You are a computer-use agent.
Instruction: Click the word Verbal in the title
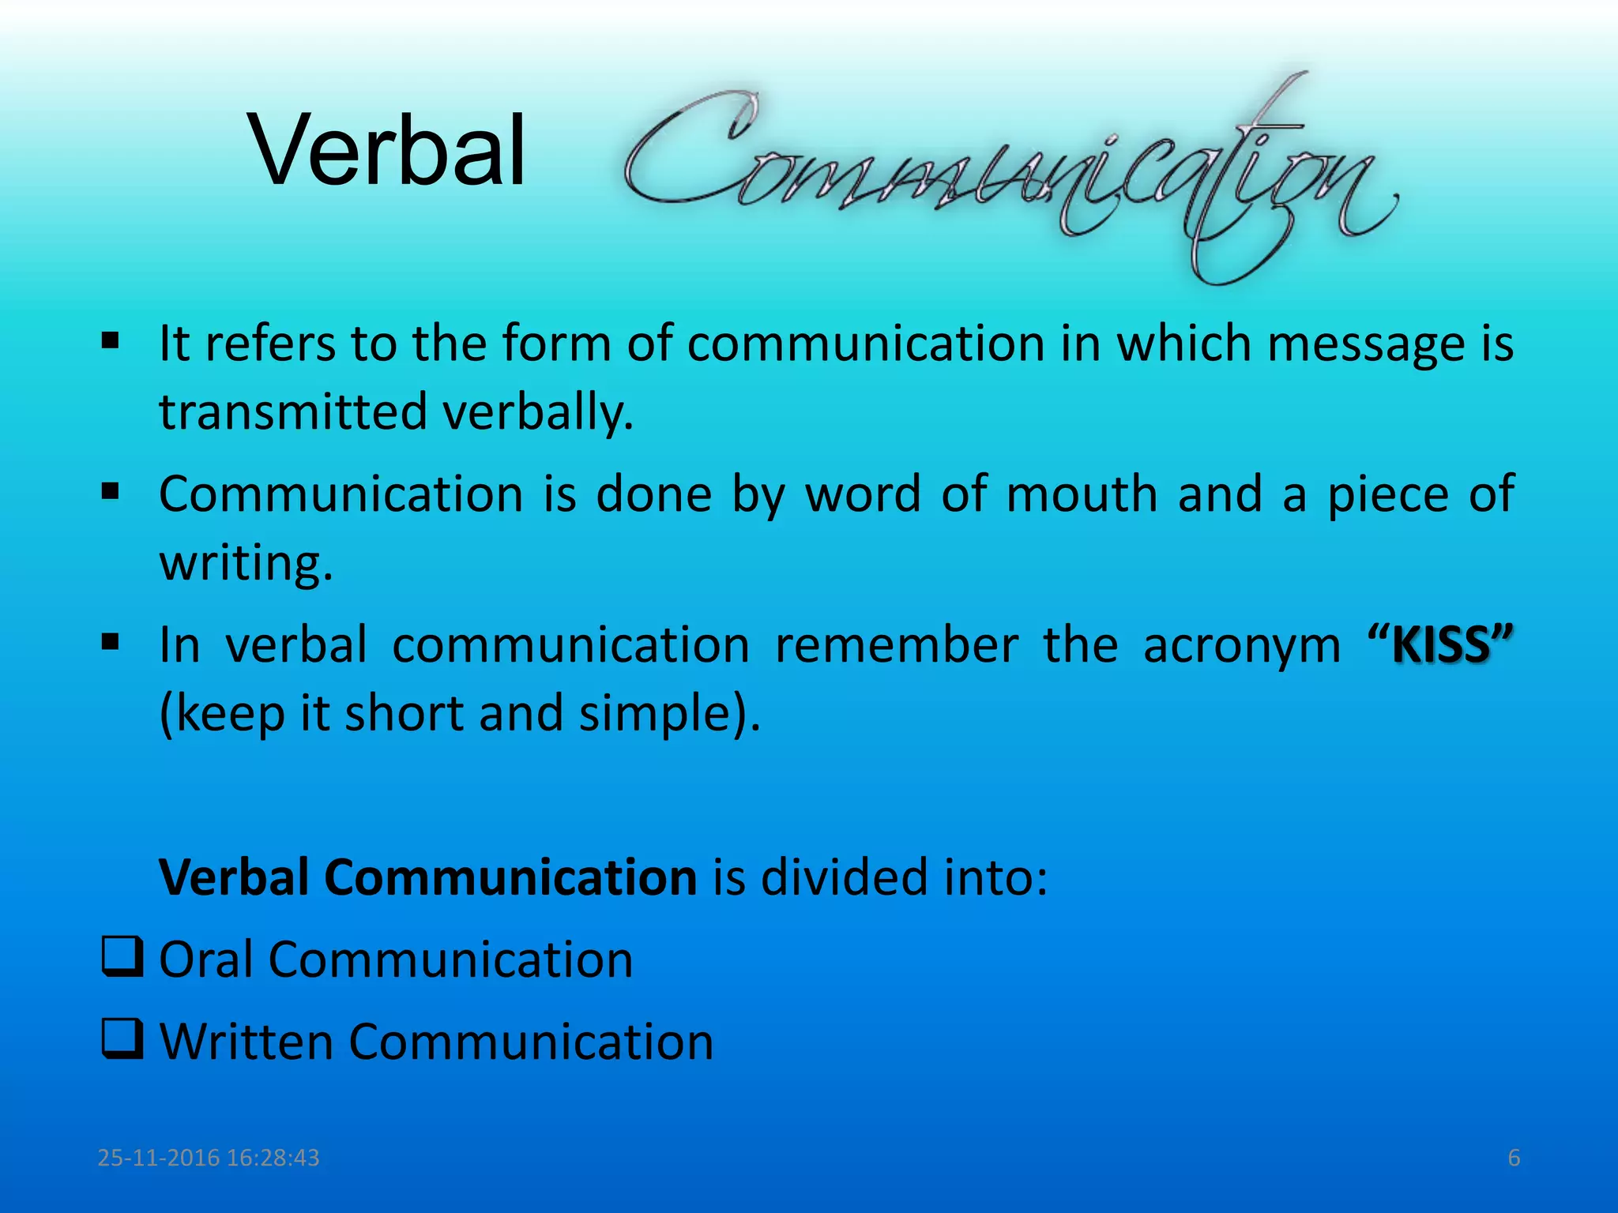[387, 150]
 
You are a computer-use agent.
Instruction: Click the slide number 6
[1514, 1158]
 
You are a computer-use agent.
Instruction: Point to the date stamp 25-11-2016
[158, 1158]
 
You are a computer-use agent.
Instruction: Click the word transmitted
[292, 412]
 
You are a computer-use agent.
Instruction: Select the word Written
[246, 1042]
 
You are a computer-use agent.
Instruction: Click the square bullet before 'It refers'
[111, 342]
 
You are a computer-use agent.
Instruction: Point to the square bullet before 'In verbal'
[111, 641]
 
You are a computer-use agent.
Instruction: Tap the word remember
[896, 645]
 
